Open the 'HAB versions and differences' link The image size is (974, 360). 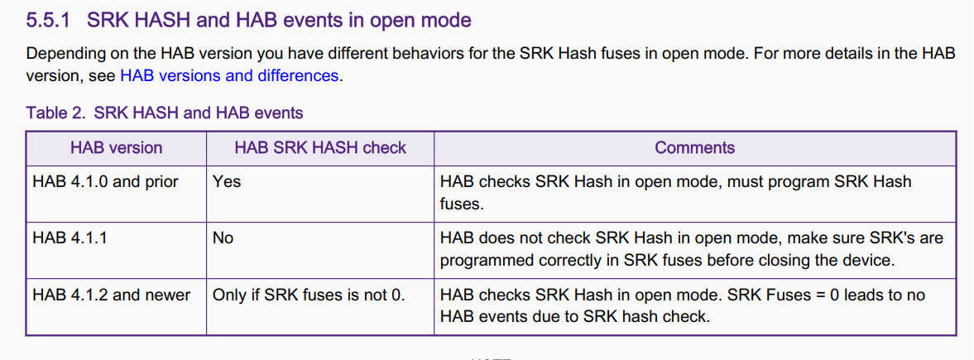tap(230, 76)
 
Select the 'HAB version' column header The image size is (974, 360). tap(116, 147)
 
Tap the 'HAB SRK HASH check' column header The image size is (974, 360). tap(320, 147)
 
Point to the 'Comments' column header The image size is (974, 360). tap(695, 147)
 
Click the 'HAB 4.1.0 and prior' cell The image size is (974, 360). tap(106, 182)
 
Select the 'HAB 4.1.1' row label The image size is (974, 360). tap(70, 238)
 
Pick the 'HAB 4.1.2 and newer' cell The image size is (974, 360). tap(111, 295)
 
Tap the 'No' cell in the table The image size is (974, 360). tap(223, 238)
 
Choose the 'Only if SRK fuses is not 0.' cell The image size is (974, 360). tap(309, 295)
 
